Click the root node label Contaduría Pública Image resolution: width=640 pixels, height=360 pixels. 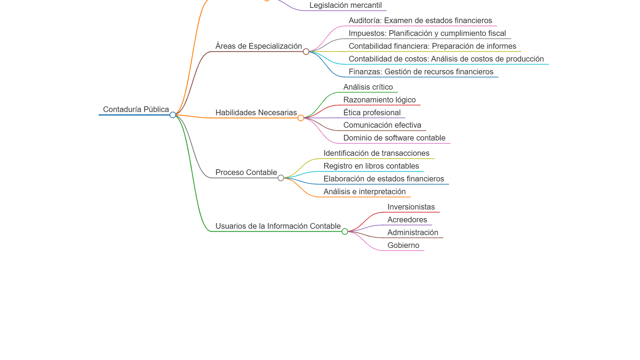(x=136, y=110)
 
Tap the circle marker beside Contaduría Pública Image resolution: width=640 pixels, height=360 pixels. (x=173, y=115)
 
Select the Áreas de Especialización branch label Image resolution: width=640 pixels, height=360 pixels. (x=258, y=46)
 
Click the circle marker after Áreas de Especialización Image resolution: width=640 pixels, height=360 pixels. (x=306, y=52)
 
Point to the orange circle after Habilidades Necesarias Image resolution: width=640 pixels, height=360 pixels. (x=301, y=118)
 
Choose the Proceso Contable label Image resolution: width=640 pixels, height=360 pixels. (x=246, y=173)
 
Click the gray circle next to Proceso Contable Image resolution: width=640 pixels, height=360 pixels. (x=281, y=178)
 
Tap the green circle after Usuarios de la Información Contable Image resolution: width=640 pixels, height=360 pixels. (x=345, y=232)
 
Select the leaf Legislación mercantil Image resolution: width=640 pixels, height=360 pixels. (x=345, y=5)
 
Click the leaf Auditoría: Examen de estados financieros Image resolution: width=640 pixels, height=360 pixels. (x=420, y=21)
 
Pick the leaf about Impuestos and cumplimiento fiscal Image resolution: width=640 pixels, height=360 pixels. (x=427, y=33)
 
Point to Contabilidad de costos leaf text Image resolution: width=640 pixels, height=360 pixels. (x=446, y=59)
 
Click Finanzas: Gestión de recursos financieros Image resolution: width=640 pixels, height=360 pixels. (x=421, y=72)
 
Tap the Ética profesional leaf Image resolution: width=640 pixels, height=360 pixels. (x=372, y=113)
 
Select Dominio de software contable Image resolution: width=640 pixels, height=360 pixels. (x=394, y=138)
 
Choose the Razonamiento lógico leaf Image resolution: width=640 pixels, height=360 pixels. (x=379, y=100)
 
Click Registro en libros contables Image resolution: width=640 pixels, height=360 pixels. (x=371, y=166)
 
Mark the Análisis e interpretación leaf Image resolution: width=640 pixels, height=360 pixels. (x=364, y=192)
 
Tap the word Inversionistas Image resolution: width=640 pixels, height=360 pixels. (x=411, y=207)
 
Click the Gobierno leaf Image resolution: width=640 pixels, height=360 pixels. (x=403, y=245)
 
